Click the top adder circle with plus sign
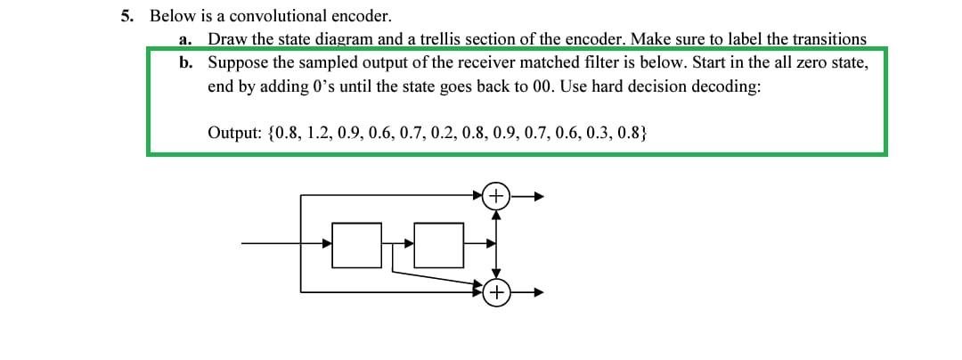pos(496,194)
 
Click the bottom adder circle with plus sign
pos(496,291)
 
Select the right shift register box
pos(444,243)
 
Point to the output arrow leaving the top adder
pos(526,194)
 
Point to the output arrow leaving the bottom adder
pos(526,291)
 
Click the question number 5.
pos(126,16)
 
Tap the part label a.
pos(184,39)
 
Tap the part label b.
pos(184,63)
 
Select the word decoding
pos(729,87)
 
